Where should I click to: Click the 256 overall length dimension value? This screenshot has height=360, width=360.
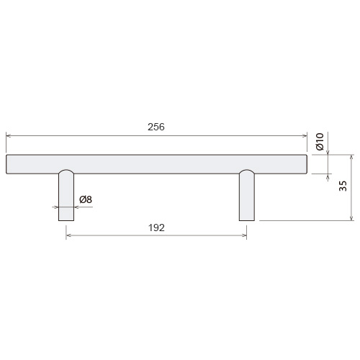pyautogui.click(x=156, y=127)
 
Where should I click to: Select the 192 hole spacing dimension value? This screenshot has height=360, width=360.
pyautogui.click(x=156, y=228)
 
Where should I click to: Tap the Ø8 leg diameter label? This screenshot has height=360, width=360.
pyautogui.click(x=86, y=199)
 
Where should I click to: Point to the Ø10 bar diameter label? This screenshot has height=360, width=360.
pyautogui.click(x=320, y=142)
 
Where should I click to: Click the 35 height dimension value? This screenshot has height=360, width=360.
pyautogui.click(x=343, y=186)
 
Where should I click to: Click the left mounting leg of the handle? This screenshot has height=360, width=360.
pyautogui.click(x=66, y=195)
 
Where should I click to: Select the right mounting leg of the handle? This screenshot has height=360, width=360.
pyautogui.click(x=247, y=195)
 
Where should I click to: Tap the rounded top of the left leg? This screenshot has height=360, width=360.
pyautogui.click(x=66, y=171)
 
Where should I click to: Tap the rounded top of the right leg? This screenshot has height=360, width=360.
pyautogui.click(x=247, y=171)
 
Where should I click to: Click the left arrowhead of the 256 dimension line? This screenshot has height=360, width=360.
pyautogui.click(x=8, y=136)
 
